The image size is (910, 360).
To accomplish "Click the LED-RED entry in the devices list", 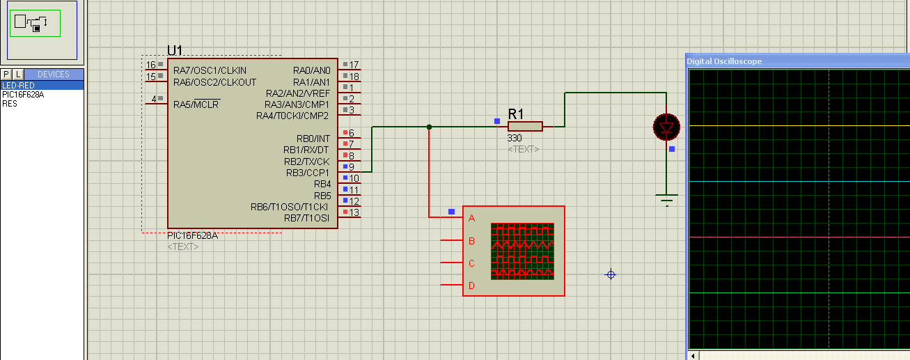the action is [18, 86].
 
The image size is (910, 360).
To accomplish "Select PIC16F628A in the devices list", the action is [23, 94].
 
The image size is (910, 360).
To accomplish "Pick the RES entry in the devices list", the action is [10, 104].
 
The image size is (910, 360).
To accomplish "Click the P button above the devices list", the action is [6, 75].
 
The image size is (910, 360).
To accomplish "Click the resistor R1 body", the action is [525, 126].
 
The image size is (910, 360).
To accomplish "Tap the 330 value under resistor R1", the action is [515, 138].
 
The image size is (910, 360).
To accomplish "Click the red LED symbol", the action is [666, 127].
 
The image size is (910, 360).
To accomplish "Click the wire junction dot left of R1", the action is [429, 127].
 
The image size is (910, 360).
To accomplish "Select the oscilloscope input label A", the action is [471, 218].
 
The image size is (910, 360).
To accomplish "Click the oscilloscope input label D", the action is [471, 285].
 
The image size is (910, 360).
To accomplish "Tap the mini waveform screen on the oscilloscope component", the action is [522, 251].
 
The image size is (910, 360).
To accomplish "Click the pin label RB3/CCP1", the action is [308, 173].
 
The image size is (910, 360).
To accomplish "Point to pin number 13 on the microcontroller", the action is [354, 212].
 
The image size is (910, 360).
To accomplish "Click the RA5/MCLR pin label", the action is [196, 104].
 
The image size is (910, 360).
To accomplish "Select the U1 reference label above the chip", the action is [175, 50].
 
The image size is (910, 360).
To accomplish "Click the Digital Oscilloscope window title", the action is [724, 61].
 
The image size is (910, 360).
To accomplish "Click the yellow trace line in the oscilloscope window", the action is [799, 126].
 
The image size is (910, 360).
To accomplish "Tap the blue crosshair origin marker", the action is [611, 274].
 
